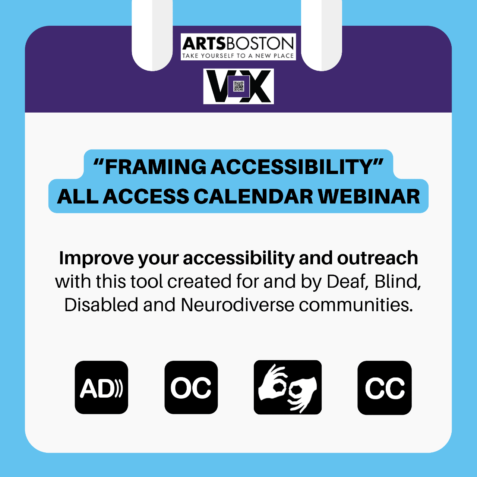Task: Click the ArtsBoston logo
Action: [238, 47]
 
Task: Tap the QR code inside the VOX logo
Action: [238, 86]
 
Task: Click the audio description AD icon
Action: [101, 388]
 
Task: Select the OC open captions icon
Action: [191, 388]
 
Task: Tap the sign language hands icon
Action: [288, 387]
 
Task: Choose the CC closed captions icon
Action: [385, 388]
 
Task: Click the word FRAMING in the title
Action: [156, 167]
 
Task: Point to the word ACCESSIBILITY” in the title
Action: [297, 167]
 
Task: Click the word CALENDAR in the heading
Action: [253, 196]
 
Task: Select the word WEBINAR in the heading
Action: [369, 196]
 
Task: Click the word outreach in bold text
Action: [378, 258]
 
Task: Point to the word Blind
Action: [398, 282]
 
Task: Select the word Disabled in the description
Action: [101, 305]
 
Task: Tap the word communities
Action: [356, 305]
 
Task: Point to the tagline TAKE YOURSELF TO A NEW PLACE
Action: [238, 56]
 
